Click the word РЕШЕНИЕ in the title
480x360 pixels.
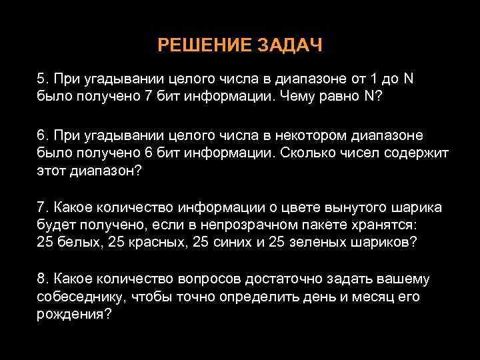[198, 45]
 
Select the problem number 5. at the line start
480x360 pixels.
[42, 79]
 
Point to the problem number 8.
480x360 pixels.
[42, 278]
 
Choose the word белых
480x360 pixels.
[77, 241]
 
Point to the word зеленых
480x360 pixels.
[315, 241]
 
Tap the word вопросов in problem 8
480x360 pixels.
[224, 278]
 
